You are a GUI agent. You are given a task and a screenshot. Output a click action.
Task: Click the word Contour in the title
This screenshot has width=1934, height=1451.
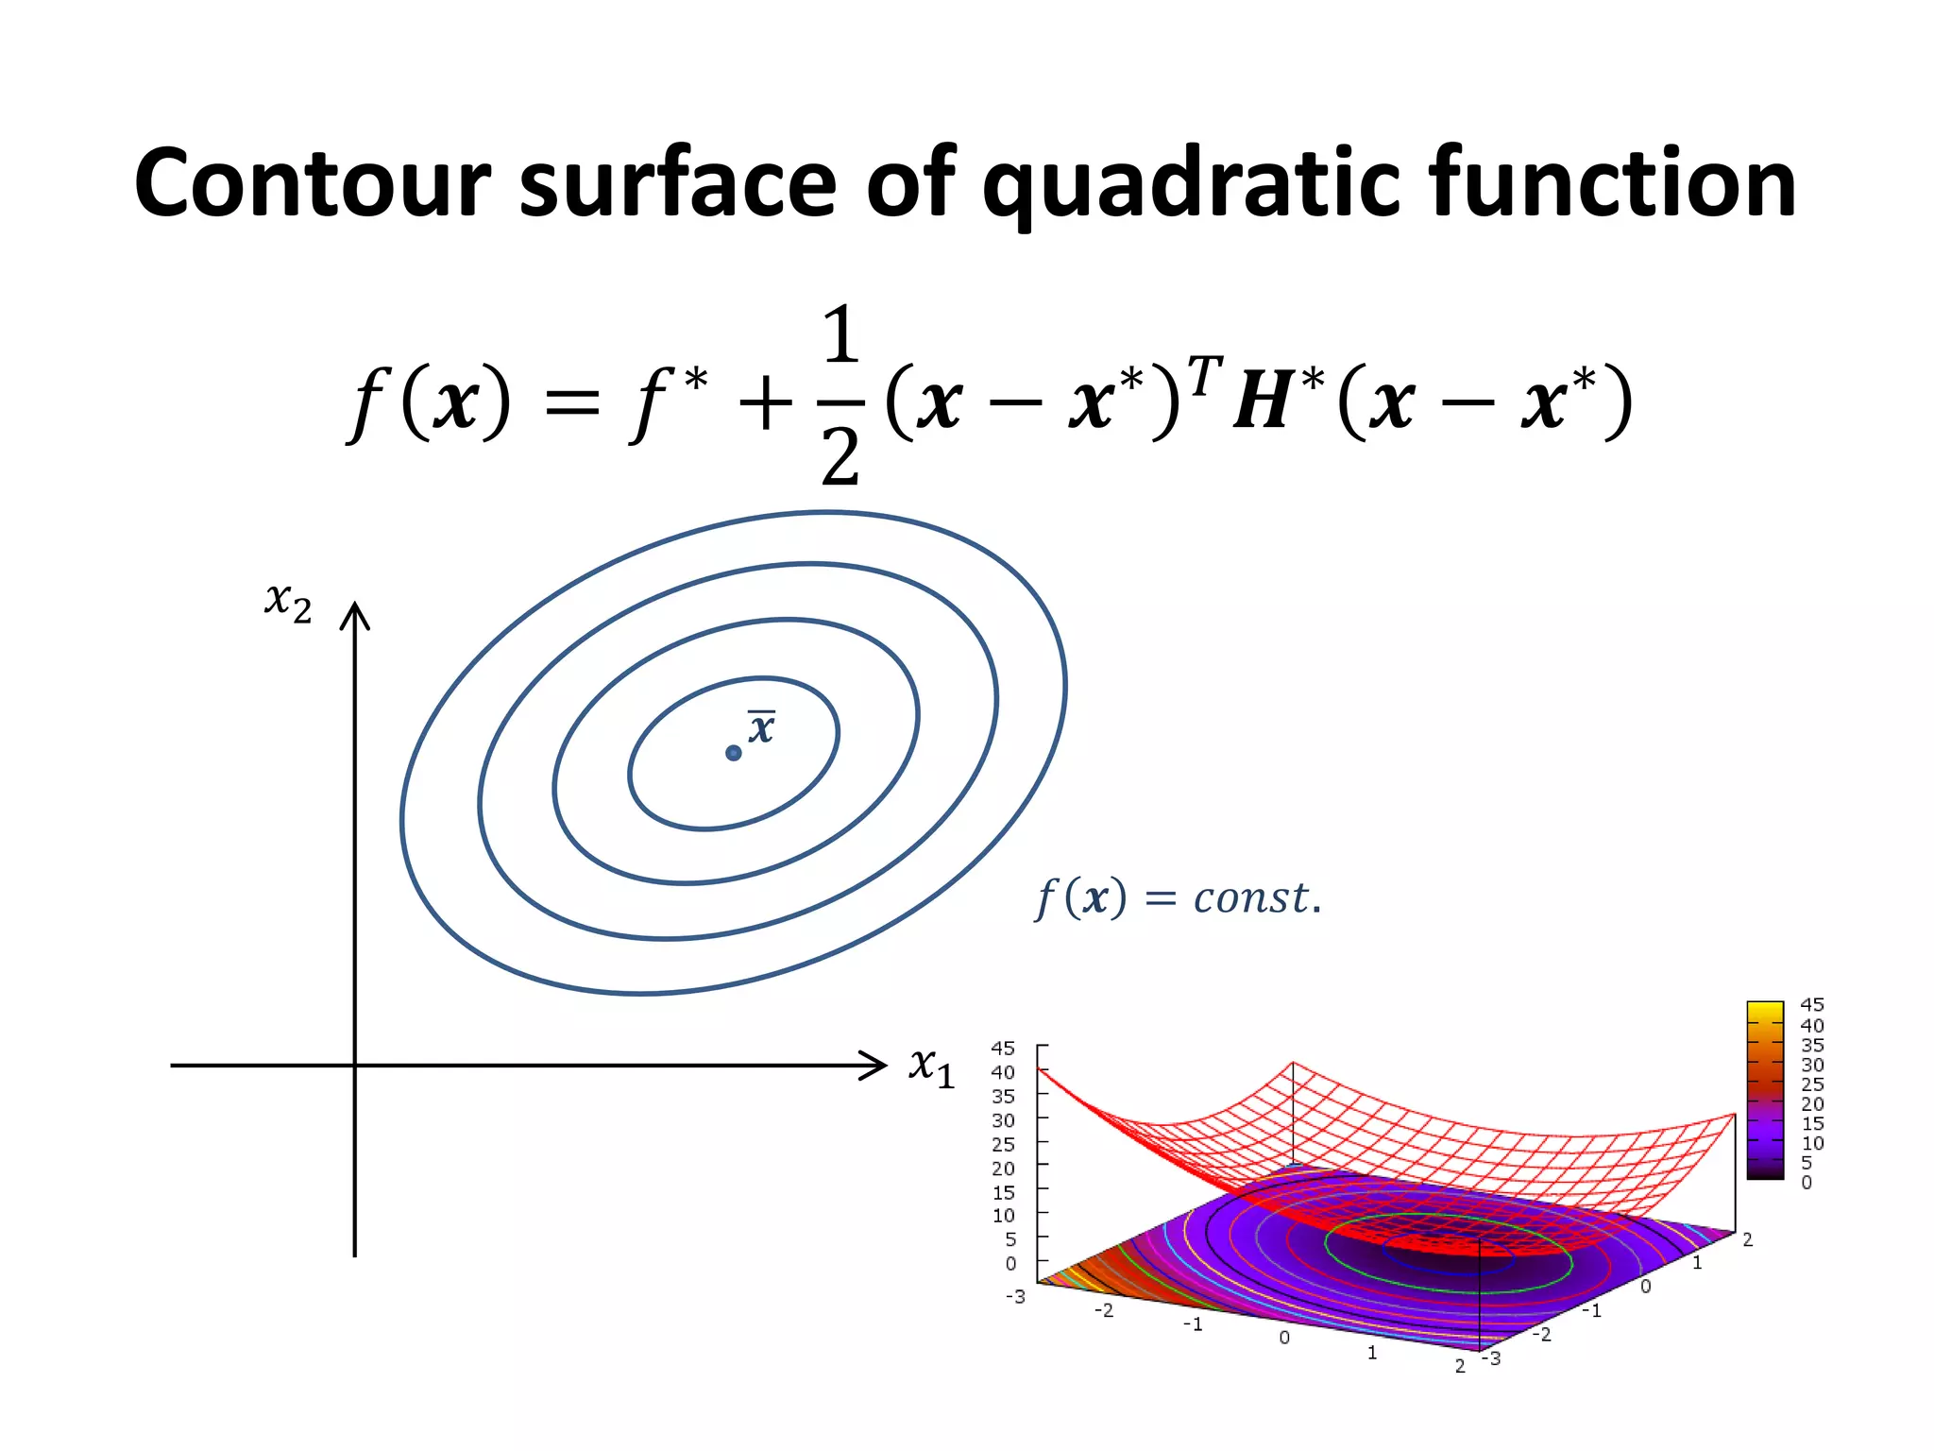pyautogui.click(x=313, y=184)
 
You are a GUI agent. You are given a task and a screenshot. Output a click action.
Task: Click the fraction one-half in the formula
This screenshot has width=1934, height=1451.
pyautogui.click(x=840, y=397)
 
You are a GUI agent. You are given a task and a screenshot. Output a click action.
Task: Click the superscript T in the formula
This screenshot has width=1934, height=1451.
pyautogui.click(x=1205, y=376)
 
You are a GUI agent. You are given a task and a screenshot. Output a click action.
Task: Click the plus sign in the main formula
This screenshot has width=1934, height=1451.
pyautogui.click(x=765, y=403)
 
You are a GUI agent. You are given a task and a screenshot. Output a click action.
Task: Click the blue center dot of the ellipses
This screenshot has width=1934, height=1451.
pyautogui.click(x=734, y=753)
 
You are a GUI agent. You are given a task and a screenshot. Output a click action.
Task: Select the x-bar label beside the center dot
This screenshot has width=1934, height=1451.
pyautogui.click(x=761, y=727)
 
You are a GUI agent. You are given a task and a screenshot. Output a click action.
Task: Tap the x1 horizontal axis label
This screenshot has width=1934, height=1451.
pyautogui.click(x=931, y=1067)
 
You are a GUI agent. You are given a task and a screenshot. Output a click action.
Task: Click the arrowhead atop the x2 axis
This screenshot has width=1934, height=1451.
pyautogui.click(x=355, y=614)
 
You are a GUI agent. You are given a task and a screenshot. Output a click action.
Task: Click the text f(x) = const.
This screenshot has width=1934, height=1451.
pyautogui.click(x=1178, y=897)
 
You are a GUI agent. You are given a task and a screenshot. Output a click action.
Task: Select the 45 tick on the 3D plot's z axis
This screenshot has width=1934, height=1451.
pyautogui.click(x=1003, y=1049)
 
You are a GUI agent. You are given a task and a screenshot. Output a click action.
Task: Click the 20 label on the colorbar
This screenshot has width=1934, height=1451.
pyautogui.click(x=1811, y=1103)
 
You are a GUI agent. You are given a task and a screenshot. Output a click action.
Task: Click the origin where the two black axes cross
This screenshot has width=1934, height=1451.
pyautogui.click(x=355, y=1066)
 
